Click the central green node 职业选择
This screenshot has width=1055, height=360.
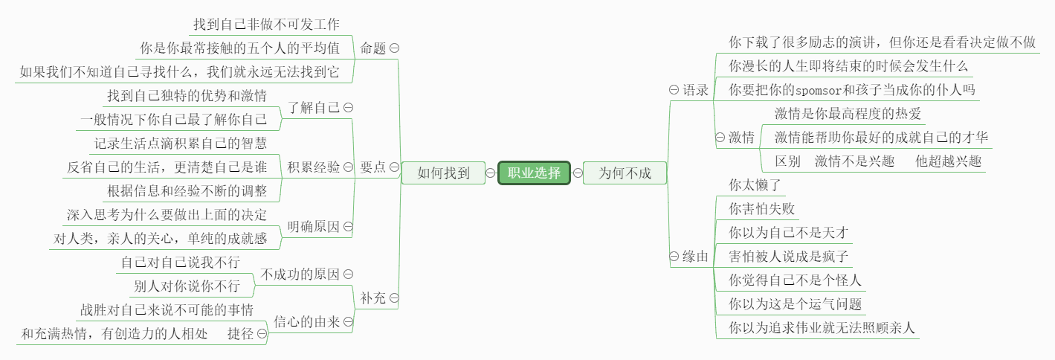pyautogui.click(x=534, y=173)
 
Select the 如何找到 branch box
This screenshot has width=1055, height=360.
pyautogui.click(x=443, y=173)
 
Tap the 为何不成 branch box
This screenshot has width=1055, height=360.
pyautogui.click(x=625, y=173)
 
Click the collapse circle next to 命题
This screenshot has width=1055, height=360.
pyautogui.click(x=395, y=48)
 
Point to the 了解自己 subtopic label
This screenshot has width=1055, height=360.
pyautogui.click(x=314, y=107)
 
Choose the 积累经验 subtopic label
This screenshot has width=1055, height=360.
pyautogui.click(x=314, y=167)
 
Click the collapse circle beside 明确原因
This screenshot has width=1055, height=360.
pyautogui.click(x=348, y=227)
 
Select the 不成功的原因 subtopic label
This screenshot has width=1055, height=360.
pyautogui.click(x=300, y=274)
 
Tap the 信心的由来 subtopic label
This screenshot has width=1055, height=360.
pyautogui.click(x=307, y=322)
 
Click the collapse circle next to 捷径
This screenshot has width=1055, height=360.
pyautogui.click(x=262, y=334)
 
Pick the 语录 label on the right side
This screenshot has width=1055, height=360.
pyautogui.click(x=695, y=89)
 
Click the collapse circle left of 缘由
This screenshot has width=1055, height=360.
pyautogui.click(x=674, y=257)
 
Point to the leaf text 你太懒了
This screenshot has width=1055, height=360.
pyautogui.click(x=755, y=184)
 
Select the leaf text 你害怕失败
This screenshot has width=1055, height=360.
pyautogui.click(x=761, y=209)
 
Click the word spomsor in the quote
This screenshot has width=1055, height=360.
pyautogui.click(x=819, y=90)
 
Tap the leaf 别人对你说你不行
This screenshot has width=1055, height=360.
pyautogui.click(x=187, y=286)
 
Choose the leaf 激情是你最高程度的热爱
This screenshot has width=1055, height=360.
pyautogui.click(x=848, y=114)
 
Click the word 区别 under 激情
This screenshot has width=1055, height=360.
pyautogui.click(x=787, y=161)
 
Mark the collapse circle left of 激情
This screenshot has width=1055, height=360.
pyautogui.click(x=720, y=137)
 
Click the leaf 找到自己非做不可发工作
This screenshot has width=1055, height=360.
pyautogui.click(x=267, y=24)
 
